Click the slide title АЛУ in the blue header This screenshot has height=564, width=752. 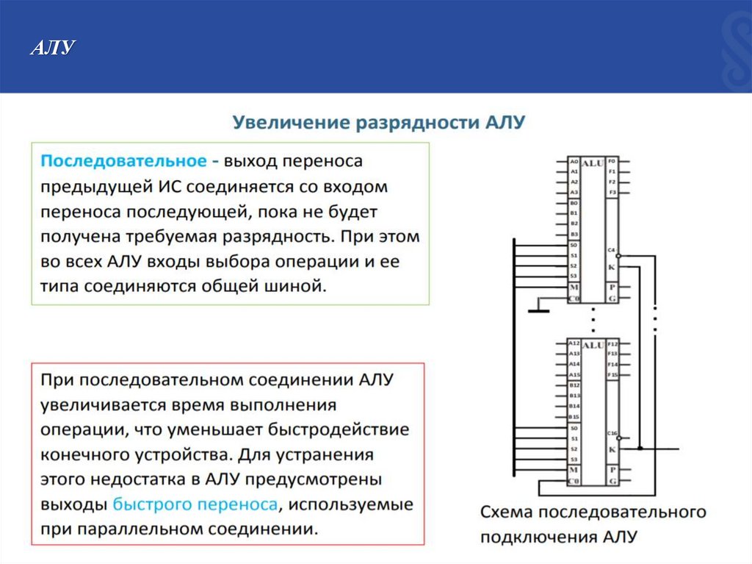click(52, 49)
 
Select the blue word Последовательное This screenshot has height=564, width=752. click(122, 161)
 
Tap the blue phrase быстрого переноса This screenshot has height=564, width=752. click(196, 504)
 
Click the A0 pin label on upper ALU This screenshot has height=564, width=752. click(574, 160)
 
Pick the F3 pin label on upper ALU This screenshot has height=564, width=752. click(612, 192)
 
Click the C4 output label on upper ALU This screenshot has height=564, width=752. click(612, 250)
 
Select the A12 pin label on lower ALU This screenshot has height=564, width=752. click(574, 343)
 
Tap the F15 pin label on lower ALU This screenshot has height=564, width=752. click(613, 375)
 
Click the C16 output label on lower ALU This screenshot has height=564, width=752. click(613, 432)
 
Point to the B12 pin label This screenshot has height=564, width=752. click(574, 385)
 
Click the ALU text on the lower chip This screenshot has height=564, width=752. click(592, 344)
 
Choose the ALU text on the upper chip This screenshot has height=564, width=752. click(592, 161)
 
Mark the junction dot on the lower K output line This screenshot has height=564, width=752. click(640, 448)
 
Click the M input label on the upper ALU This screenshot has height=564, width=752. click(574, 287)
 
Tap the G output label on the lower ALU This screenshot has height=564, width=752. click(612, 481)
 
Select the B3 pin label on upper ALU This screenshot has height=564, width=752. click(574, 234)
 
